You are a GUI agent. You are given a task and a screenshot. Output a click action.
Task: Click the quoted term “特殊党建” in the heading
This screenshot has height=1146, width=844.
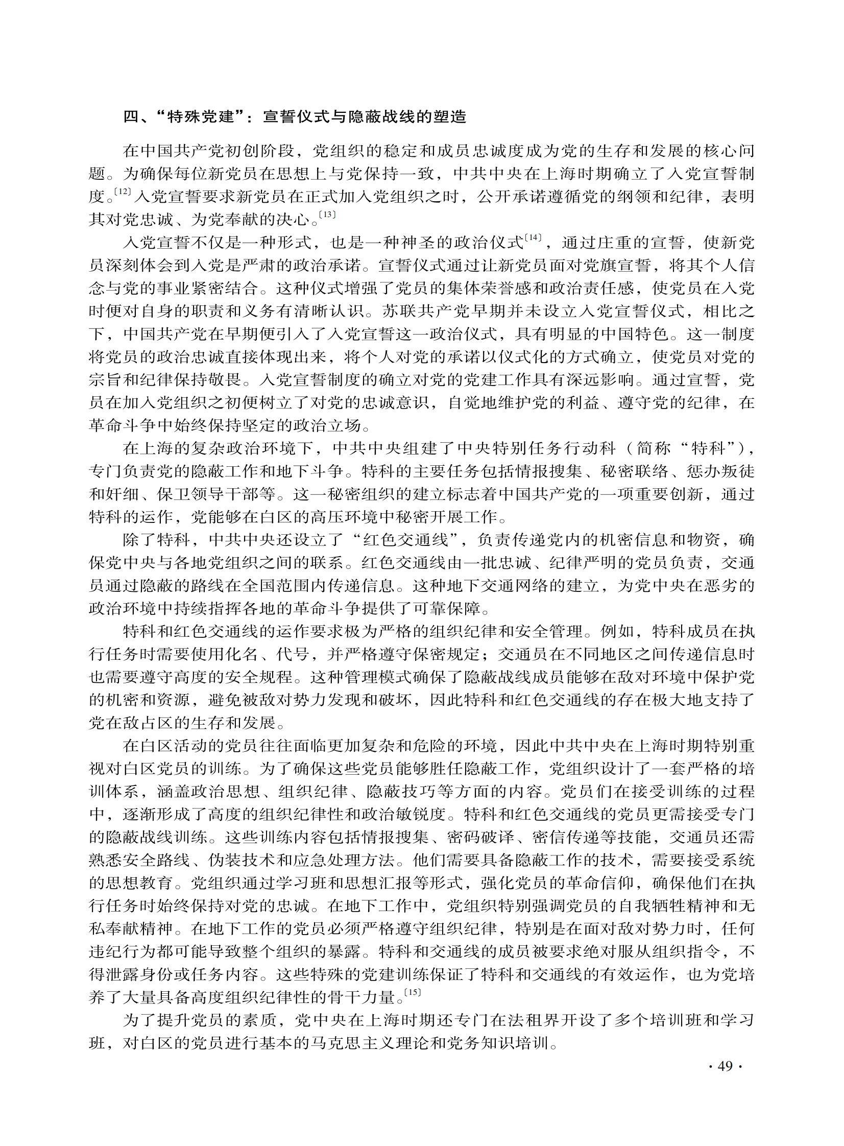(202, 117)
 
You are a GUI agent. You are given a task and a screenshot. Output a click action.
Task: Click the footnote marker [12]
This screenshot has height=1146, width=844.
(123, 192)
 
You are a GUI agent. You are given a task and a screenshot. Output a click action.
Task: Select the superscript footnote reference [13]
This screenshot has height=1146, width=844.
(327, 215)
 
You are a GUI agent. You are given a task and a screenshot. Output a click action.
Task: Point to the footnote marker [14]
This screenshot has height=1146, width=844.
(533, 237)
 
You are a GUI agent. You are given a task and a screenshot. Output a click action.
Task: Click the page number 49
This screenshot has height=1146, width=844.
(725, 1066)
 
